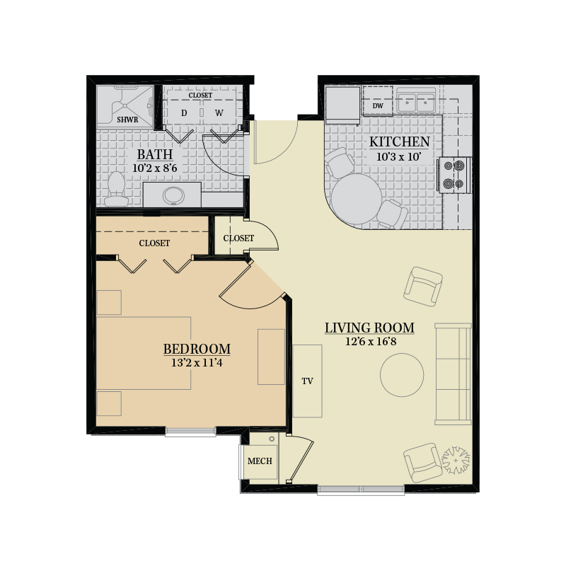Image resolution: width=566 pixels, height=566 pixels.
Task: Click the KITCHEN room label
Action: [399, 142]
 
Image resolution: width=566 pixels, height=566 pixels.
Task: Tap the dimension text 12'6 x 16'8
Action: [370, 342]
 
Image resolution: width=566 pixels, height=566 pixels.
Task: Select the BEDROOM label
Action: [197, 349]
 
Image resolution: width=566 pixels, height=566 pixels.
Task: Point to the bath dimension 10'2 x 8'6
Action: [155, 168]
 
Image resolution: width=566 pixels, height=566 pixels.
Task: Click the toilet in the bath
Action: [116, 189]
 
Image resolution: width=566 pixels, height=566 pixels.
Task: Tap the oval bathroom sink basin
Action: [173, 195]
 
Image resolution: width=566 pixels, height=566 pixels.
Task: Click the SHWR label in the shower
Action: [127, 120]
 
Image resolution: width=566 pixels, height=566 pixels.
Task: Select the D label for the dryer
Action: [184, 113]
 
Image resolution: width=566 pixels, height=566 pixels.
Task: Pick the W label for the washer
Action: [219, 113]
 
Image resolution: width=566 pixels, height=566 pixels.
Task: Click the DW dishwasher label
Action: [378, 105]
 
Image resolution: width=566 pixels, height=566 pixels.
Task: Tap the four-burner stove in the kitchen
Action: [454, 175]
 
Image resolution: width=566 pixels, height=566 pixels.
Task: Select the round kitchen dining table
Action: [357, 199]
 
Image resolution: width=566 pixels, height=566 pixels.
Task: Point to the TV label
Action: [307, 381]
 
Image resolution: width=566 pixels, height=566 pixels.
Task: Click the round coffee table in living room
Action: [402, 375]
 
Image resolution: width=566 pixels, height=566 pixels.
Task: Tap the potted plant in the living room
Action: [456, 461]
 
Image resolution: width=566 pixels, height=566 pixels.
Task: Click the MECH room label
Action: [260, 461]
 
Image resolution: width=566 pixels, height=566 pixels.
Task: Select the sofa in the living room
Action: [453, 374]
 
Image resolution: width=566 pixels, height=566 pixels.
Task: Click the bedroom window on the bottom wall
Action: [190, 432]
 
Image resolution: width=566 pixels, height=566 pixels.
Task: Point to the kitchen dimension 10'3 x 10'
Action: [399, 157]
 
